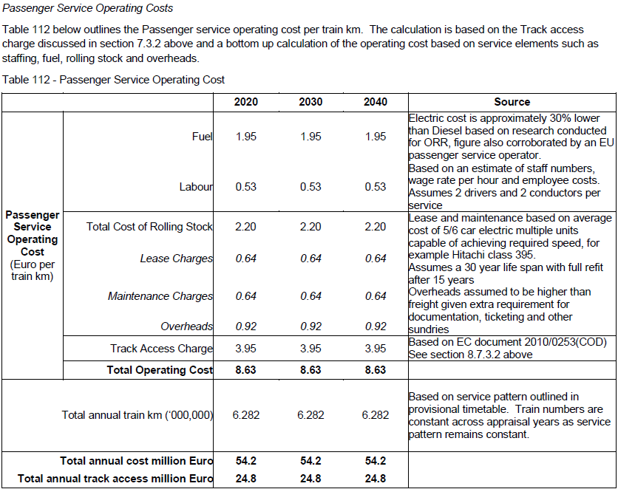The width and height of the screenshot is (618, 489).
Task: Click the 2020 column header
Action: (x=246, y=102)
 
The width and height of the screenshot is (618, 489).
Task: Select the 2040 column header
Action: (x=376, y=102)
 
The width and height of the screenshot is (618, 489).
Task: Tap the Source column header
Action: (x=512, y=102)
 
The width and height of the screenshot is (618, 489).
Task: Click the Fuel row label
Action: (x=203, y=136)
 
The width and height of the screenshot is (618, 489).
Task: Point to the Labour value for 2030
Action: (x=310, y=187)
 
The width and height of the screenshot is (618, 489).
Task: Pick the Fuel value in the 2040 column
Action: (x=376, y=136)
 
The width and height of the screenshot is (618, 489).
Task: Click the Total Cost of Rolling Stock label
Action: (x=149, y=227)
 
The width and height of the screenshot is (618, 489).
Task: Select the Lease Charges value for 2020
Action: (x=246, y=259)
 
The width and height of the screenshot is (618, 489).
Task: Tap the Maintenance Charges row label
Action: (x=160, y=296)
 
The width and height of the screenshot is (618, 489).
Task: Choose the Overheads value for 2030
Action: (x=310, y=326)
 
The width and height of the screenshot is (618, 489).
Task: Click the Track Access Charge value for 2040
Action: (x=376, y=349)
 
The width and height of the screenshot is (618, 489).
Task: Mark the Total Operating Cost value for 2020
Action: (x=245, y=370)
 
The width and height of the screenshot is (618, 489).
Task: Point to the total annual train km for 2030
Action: (x=310, y=415)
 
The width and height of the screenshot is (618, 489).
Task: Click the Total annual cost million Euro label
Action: (x=136, y=461)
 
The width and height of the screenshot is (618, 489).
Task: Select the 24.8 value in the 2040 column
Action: (x=376, y=479)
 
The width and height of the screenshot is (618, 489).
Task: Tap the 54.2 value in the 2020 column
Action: (x=246, y=461)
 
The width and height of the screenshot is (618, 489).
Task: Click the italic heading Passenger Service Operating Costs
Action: (x=87, y=8)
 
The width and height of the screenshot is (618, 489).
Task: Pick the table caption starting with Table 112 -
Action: (x=114, y=80)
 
